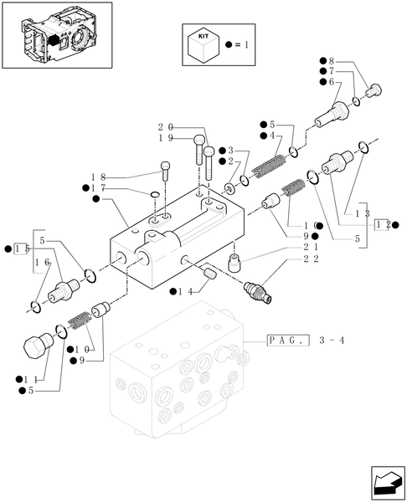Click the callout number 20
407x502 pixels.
[164, 126]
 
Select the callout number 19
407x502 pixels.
[164, 137]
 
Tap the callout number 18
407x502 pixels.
[98, 177]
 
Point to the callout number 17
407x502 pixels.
[98, 188]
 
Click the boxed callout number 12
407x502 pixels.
[384, 224]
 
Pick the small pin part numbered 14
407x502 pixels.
[210, 273]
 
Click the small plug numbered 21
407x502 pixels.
[236, 261]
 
